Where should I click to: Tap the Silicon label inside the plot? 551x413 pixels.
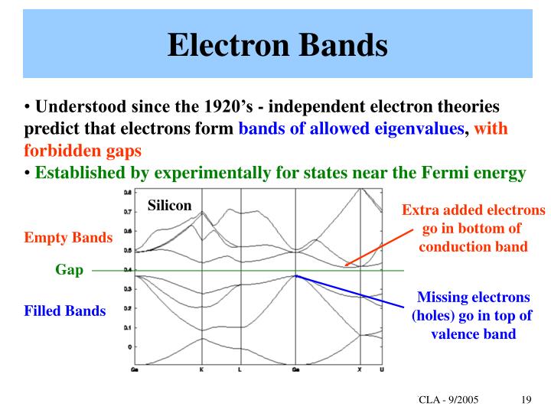coord(170,206)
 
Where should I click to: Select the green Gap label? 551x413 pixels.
coord(69,270)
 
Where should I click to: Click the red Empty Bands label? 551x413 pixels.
coord(69,238)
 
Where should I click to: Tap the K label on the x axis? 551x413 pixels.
coord(202,369)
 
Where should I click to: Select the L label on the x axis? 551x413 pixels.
coord(240,369)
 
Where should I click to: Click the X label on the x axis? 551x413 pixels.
coord(360,369)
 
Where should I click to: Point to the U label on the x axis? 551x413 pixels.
coord(382,369)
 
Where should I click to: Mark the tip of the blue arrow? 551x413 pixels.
coord(296,275)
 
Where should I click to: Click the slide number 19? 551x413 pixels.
coord(525,400)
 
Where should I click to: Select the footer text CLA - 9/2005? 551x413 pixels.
coord(450,400)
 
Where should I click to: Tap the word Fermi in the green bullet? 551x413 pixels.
coord(445,173)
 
